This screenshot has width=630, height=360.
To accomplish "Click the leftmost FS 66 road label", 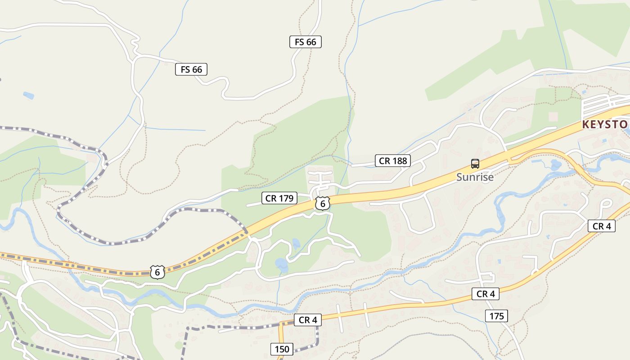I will [191, 69].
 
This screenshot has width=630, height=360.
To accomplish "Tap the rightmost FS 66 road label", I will [306, 42].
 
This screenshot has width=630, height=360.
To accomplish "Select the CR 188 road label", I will [393, 161].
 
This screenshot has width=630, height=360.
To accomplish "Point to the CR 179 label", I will [279, 198].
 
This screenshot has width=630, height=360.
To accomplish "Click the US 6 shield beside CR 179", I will [322, 203].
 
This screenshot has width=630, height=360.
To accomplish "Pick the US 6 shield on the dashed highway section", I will [157, 272].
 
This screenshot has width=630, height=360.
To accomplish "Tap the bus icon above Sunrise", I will [475, 164].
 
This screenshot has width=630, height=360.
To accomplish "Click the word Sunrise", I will [475, 177].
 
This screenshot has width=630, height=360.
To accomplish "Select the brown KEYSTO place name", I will [606, 124].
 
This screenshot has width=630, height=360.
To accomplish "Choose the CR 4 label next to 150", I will [308, 320].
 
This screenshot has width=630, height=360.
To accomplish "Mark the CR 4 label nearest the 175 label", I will [486, 294].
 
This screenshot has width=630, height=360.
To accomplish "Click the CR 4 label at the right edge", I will [602, 226].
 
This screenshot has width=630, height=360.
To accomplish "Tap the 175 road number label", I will [497, 316].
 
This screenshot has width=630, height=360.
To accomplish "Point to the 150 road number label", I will [282, 349].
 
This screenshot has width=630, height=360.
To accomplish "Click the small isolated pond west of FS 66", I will [29, 95].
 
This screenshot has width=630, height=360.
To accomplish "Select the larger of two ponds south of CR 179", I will [281, 265].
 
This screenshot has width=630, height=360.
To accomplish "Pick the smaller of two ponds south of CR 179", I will [296, 243].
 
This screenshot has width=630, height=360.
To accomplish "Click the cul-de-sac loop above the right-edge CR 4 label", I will [605, 203].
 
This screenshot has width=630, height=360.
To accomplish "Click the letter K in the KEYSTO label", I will [585, 124].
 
